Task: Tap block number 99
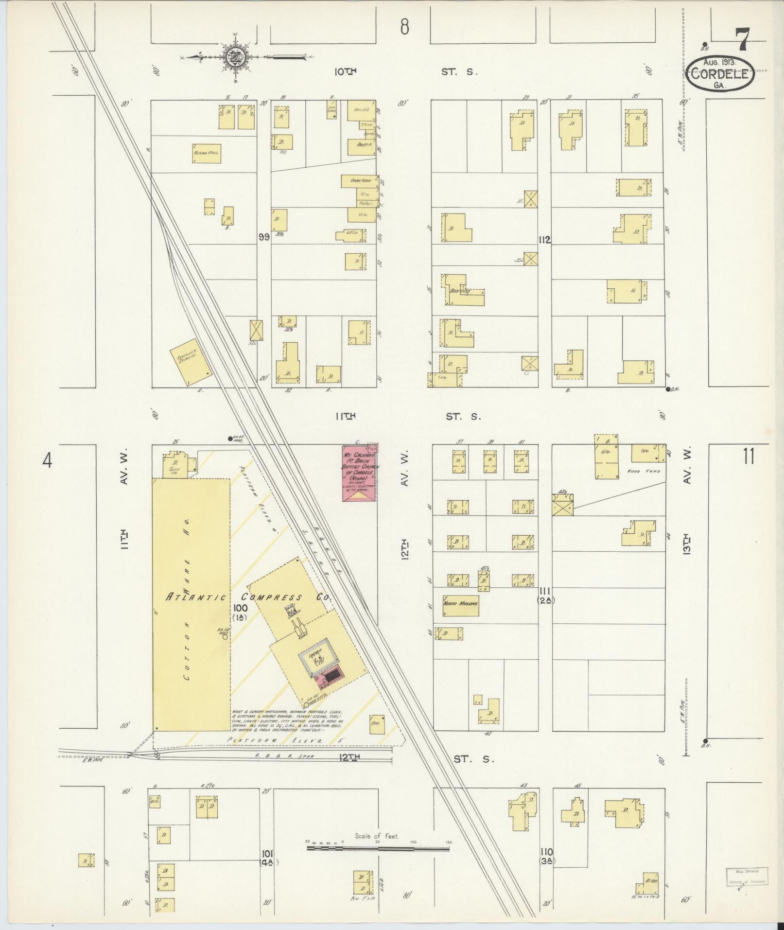pyautogui.click(x=264, y=237)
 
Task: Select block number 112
pyautogui.click(x=544, y=239)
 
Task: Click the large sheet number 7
pyautogui.click(x=742, y=40)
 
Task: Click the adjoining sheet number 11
pyautogui.click(x=749, y=457)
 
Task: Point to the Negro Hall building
pyautogui.click(x=207, y=153)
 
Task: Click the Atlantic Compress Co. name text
pyautogui.click(x=245, y=597)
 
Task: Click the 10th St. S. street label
pyautogui.click(x=406, y=72)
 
